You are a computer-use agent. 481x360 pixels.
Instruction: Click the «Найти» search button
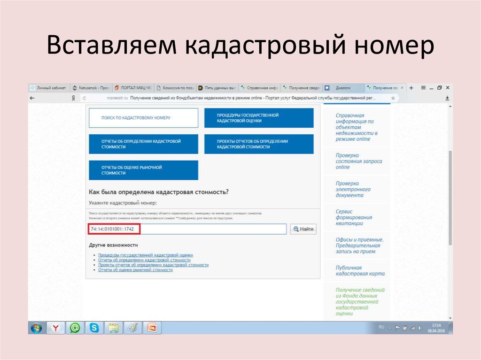(303, 229)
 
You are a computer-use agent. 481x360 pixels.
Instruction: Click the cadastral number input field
(211, 229)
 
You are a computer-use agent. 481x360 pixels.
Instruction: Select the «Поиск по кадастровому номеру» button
(143, 118)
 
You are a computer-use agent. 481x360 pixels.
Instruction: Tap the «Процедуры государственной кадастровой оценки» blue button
(259, 118)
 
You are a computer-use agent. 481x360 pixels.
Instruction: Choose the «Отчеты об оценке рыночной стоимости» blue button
(143, 170)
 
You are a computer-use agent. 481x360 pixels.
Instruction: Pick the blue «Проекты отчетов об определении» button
(259, 144)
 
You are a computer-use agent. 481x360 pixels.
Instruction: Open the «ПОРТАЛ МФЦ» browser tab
(134, 88)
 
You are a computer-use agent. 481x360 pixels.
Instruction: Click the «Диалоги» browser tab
(343, 88)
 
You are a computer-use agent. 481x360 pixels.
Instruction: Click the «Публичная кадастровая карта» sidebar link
(360, 270)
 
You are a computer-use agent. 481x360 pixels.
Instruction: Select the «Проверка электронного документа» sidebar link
(353, 189)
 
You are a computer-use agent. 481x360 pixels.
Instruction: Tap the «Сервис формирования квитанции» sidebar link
(354, 217)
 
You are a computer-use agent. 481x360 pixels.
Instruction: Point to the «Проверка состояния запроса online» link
(358, 161)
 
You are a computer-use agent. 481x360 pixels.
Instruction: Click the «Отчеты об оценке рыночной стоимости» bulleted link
(135, 270)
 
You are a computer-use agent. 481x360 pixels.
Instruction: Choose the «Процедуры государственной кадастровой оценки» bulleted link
(145, 255)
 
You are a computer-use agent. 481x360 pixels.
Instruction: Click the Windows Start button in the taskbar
(36, 328)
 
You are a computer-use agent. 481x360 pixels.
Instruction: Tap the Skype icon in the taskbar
(94, 328)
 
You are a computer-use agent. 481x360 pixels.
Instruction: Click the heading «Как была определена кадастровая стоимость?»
(159, 192)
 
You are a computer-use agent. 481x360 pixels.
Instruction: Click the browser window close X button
(448, 88)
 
